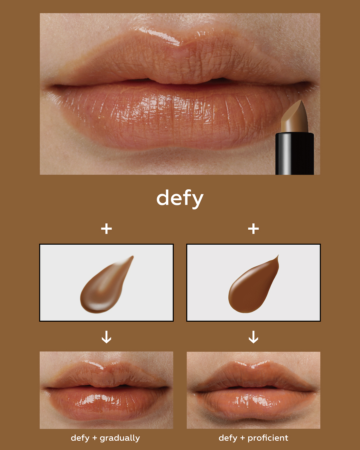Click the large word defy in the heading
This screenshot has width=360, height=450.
pos(180,199)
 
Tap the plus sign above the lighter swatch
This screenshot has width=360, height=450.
pos(106,229)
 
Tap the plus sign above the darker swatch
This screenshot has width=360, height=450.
pos(253,229)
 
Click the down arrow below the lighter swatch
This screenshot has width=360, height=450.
pos(106,337)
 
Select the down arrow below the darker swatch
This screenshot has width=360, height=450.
pos(253,337)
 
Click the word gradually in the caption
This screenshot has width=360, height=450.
pos(120,438)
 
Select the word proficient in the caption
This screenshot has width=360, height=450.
pos(268,438)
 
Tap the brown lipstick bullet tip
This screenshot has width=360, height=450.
pos(295,117)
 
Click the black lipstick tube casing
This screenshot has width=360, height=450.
pos(295,153)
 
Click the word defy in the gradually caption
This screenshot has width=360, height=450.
pos(80,438)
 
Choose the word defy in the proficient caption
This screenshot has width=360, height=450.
pos(228,438)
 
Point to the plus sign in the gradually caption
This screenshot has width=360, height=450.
pos(95,438)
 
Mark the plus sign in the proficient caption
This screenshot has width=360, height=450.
pos(242,438)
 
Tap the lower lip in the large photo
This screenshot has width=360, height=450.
pos(178,117)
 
